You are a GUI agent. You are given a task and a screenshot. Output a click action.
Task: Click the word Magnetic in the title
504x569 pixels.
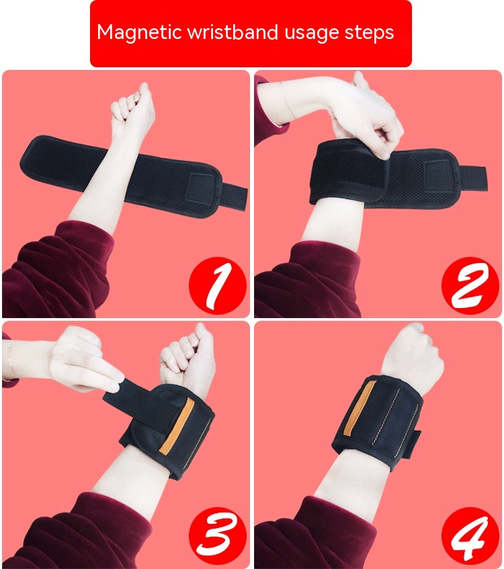pyautogui.click(x=139, y=32)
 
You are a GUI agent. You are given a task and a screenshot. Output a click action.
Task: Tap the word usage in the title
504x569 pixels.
pyautogui.click(x=311, y=34)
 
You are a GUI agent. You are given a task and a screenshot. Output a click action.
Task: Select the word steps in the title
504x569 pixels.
pyautogui.click(x=369, y=33)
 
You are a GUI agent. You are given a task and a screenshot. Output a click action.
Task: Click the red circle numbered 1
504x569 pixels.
pyautogui.click(x=218, y=286)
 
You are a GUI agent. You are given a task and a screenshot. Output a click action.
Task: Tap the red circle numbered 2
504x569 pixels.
pyautogui.click(x=470, y=286)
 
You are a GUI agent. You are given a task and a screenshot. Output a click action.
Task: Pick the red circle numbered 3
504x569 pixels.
pyautogui.click(x=218, y=536)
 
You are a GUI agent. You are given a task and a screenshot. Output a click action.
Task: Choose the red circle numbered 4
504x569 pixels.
pyautogui.click(x=470, y=536)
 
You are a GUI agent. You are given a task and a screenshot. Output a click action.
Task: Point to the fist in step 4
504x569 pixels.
pyautogui.click(x=414, y=351)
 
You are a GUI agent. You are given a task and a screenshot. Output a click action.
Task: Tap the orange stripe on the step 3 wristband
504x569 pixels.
pyautogui.click(x=177, y=426)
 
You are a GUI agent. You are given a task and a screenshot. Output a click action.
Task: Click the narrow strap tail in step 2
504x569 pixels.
pyautogui.click(x=472, y=178)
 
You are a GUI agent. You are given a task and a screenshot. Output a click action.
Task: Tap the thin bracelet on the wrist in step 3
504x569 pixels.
pyautogui.click(x=11, y=358)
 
